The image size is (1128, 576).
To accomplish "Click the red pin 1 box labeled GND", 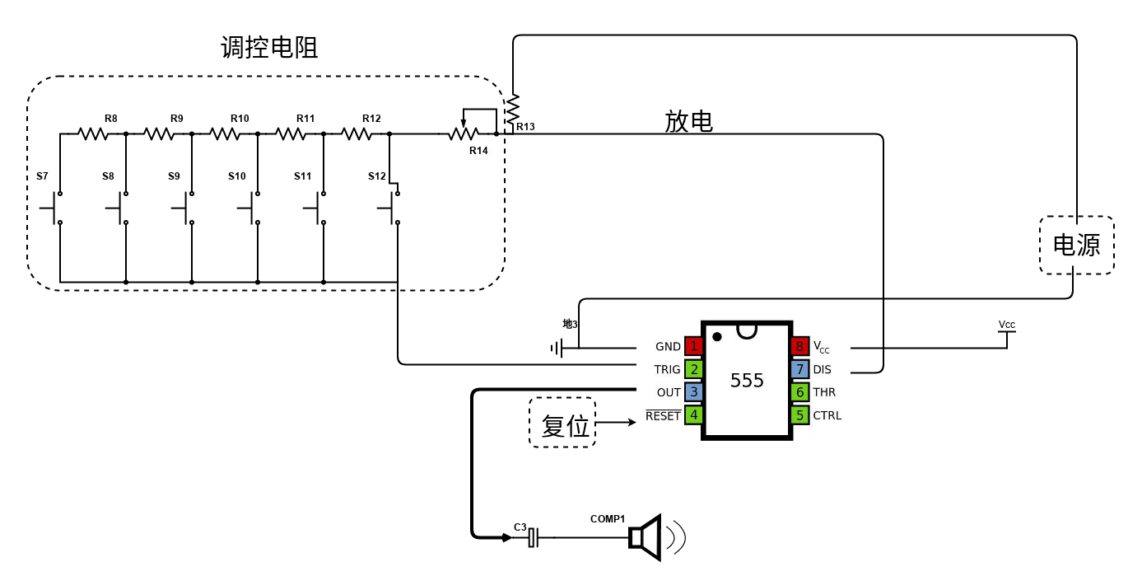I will [x=693, y=346].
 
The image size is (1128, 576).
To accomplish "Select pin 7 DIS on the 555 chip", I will [x=800, y=369].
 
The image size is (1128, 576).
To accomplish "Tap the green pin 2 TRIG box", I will [x=693, y=369].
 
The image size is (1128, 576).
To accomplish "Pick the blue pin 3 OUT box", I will [x=693, y=392].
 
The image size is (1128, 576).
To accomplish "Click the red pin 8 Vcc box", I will [x=800, y=346].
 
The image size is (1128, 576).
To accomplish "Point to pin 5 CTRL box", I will [x=800, y=415].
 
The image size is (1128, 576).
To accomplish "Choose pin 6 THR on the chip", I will [x=800, y=392].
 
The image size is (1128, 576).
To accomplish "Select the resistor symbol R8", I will [x=93, y=133].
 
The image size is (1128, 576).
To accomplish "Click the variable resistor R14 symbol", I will [x=463, y=133].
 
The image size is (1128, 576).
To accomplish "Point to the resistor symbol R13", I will [x=512, y=107].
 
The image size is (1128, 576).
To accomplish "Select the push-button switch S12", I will [x=394, y=208].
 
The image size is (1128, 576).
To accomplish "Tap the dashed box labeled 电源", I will [x=1076, y=245].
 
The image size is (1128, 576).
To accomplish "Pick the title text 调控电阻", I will [x=269, y=48].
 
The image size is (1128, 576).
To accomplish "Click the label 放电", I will [x=688, y=122].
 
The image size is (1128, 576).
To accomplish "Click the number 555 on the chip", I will [x=747, y=380].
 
